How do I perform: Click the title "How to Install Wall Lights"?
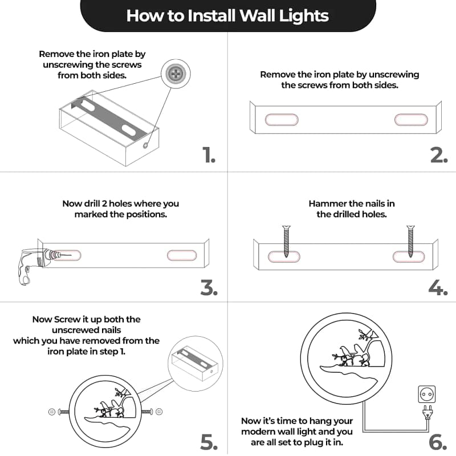pyautogui.click(x=227, y=15)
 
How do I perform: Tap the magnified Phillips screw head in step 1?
pyautogui.click(x=176, y=74)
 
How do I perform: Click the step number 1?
pyautogui.click(x=209, y=154)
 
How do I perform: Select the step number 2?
pyautogui.click(x=439, y=155)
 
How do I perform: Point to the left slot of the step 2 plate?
pyautogui.click(x=282, y=120)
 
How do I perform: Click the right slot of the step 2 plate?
pyautogui.click(x=411, y=120)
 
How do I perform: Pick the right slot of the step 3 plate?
pyautogui.click(x=182, y=255)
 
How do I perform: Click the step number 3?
pyautogui.click(x=209, y=288)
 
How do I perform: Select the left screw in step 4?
pyautogui.click(x=287, y=241)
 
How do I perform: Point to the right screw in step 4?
pyautogui.click(x=410, y=241)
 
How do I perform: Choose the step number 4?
pyautogui.click(x=438, y=288)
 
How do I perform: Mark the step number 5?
pyautogui.click(x=209, y=442)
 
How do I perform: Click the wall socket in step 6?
pyautogui.click(x=426, y=394)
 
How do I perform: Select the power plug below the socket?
pyautogui.click(x=427, y=412)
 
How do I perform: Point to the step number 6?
pyautogui.click(x=438, y=442)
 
